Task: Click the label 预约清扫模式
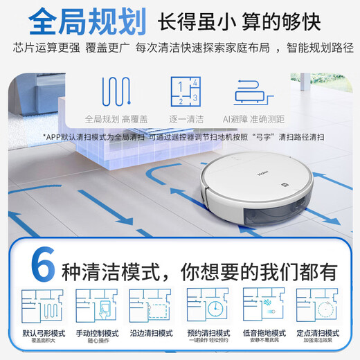click(x=208, y=332)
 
